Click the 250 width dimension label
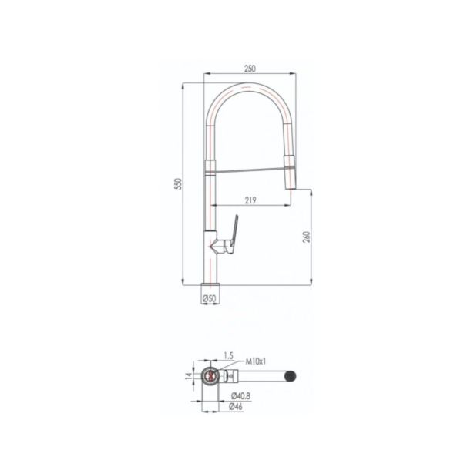250,69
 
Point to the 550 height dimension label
179,183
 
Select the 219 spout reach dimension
250,200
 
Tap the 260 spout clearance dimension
307,237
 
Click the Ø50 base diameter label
210,299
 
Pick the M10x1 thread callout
256,361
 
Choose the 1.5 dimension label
229,356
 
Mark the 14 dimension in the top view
189,375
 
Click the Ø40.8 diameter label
240,395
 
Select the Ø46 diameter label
236,407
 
